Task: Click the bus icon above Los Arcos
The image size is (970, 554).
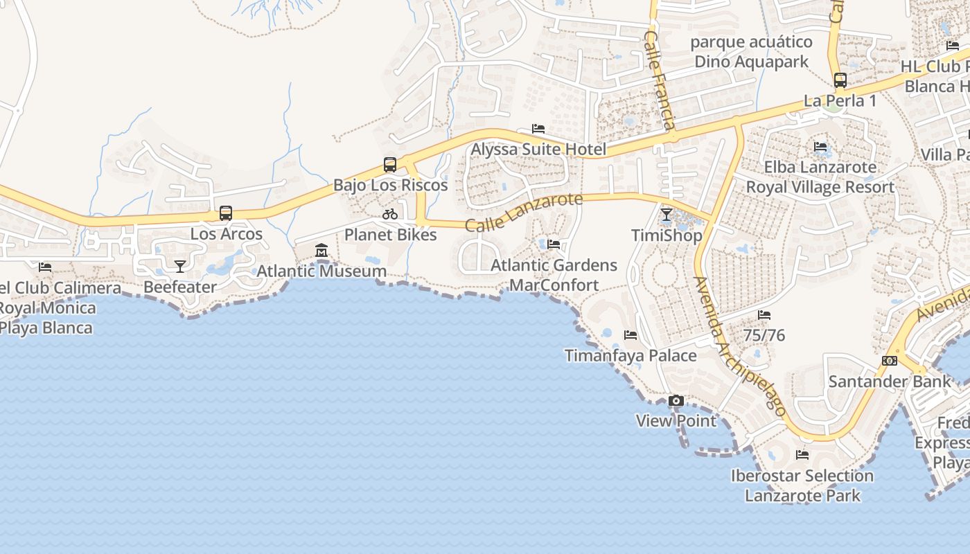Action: click(226, 213)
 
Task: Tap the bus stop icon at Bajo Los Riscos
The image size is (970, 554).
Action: click(390, 165)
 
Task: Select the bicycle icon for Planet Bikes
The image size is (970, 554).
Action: click(390, 214)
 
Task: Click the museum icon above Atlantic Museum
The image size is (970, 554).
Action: click(321, 251)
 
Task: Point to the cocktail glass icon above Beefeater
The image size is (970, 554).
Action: click(180, 266)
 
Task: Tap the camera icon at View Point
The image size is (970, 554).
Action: click(676, 401)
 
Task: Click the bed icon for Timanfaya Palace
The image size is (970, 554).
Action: click(630, 335)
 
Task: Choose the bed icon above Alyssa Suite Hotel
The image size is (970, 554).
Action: click(538, 129)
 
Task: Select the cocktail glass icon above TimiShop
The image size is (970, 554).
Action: click(667, 215)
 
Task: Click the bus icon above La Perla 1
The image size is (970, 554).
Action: click(840, 80)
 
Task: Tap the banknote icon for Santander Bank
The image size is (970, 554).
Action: click(890, 361)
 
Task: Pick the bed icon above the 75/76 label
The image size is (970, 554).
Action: click(764, 315)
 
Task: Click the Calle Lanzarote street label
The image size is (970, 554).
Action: click(524, 213)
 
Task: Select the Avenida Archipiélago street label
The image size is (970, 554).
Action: click(740, 346)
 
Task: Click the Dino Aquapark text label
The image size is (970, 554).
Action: click(751, 62)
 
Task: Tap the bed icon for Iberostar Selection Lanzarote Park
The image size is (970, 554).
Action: click(802, 455)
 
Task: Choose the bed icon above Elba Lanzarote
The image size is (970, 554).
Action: click(821, 147)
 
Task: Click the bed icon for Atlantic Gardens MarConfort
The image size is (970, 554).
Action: click(554, 244)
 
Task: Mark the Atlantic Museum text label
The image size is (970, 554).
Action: click(321, 271)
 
